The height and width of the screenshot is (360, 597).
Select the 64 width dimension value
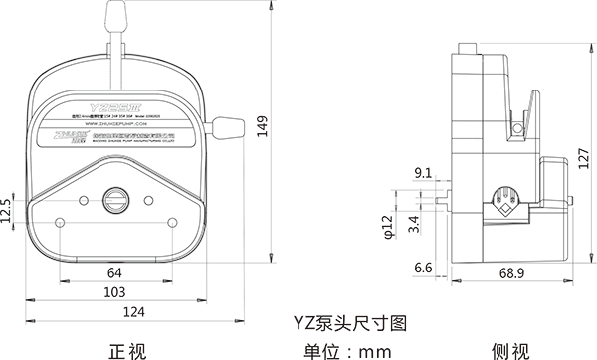click(114, 272)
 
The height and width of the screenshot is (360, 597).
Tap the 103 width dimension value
click(114, 293)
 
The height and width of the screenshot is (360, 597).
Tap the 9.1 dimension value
click(422, 173)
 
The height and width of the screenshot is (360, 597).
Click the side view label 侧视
click(510, 349)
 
